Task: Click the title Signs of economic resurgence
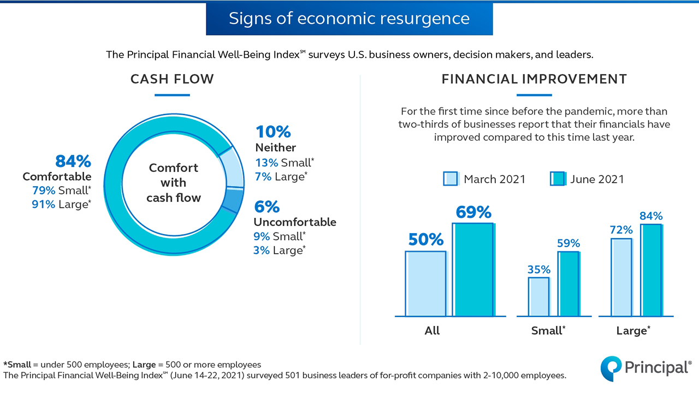pos(349,19)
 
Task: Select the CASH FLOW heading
pos(172,79)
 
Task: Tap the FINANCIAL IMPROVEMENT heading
pos(534,79)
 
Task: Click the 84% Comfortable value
pos(73,161)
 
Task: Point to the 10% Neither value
pos(273,132)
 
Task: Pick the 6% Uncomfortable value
pos(266,207)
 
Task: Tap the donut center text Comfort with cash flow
pos(174,182)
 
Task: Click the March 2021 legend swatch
pos(450,179)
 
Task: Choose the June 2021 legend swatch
pos(557,179)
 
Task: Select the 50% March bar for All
pos(425,283)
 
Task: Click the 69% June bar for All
pos(472,270)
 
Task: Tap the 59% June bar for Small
pos(568,283)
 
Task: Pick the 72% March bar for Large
pos(618,277)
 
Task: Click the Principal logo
pos(646,367)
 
